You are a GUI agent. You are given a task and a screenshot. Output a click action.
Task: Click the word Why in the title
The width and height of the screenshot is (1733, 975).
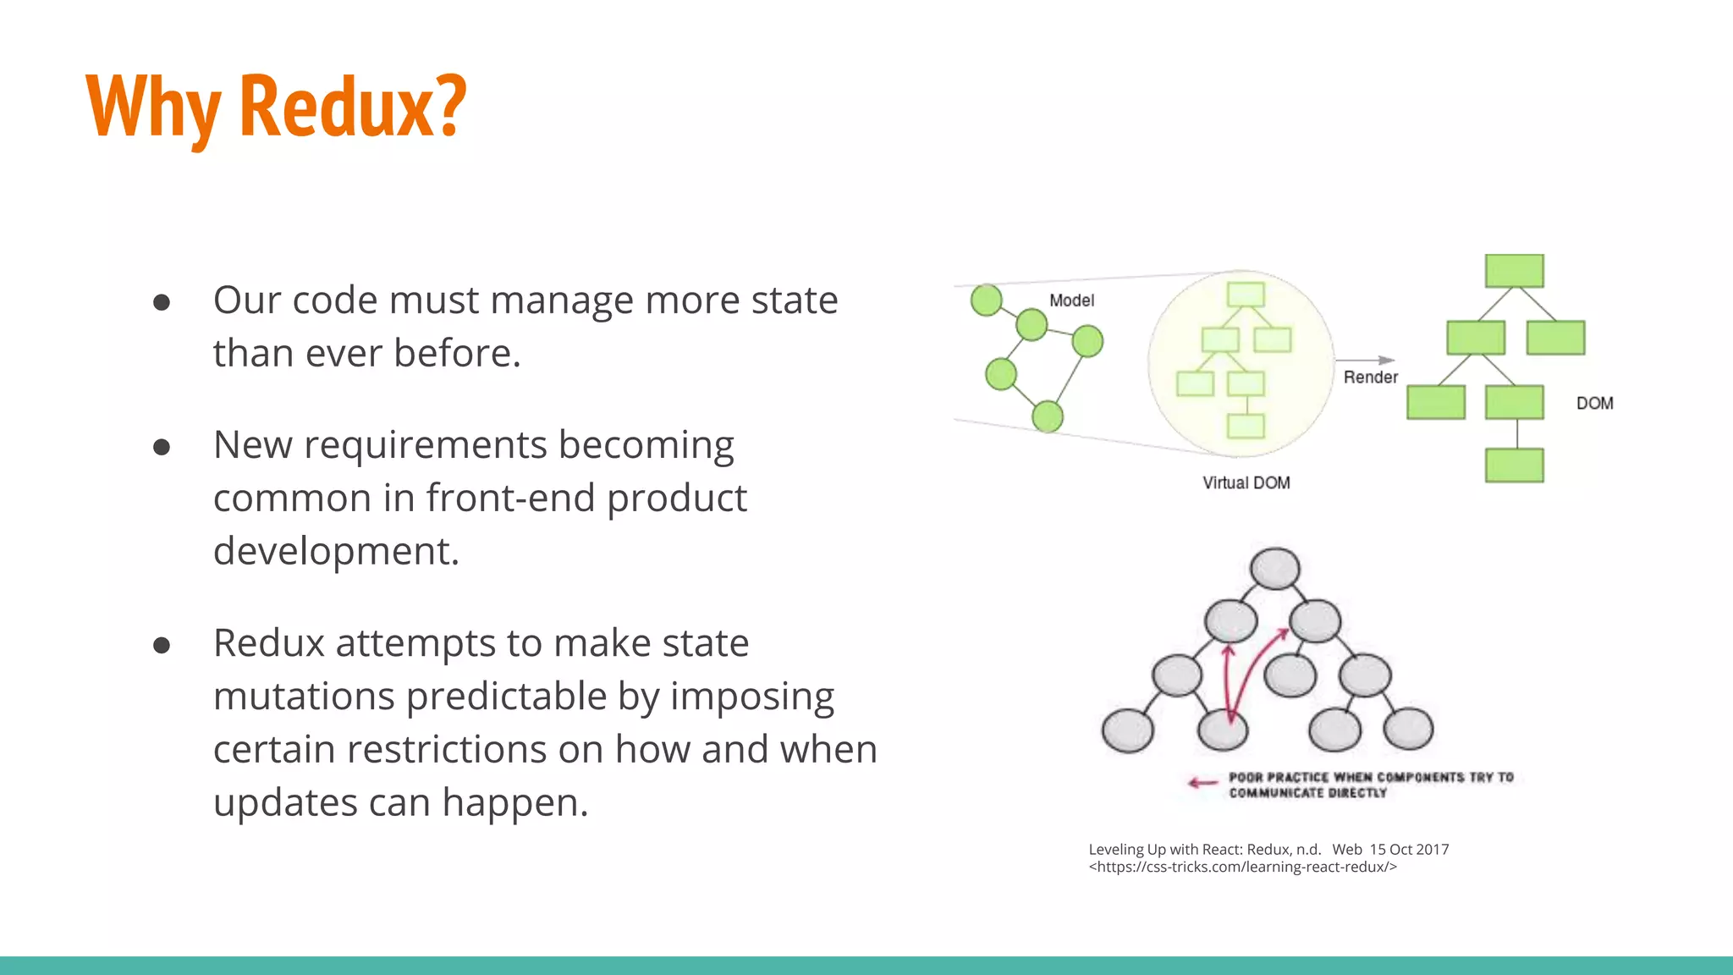point(153,107)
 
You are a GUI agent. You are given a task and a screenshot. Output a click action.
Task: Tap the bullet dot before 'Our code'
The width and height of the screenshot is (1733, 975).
point(162,302)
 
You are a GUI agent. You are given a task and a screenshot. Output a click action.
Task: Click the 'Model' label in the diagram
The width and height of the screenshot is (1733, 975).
point(1071,300)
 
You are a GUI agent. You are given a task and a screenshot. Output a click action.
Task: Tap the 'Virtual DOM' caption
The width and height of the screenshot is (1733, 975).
point(1246,482)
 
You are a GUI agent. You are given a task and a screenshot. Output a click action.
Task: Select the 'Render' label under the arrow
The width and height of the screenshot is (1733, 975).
point(1370,377)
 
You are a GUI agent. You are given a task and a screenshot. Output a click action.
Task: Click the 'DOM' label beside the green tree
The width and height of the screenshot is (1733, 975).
point(1594,404)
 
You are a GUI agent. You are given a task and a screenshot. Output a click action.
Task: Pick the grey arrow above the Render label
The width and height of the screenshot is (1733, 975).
point(1365,361)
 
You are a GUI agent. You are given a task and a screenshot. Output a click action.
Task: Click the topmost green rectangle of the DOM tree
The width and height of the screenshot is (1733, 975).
point(1514,271)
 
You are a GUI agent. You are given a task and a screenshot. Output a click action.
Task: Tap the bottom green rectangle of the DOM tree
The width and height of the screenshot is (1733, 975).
point(1514,465)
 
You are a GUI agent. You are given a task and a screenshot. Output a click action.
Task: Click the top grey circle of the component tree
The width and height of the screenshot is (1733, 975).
point(1274,568)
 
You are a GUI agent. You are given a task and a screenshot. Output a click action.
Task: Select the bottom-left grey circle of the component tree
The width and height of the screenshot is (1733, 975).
point(1127,730)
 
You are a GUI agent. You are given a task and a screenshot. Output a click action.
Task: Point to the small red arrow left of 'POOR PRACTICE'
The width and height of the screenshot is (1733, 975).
point(1202,783)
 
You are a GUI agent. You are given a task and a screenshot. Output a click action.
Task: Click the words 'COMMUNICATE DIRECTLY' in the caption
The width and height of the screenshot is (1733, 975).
point(1307,793)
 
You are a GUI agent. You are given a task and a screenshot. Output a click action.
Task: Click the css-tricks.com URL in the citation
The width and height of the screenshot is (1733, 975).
point(1242,867)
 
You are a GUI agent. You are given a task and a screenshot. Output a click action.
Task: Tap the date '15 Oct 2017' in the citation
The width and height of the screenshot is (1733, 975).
point(1409,849)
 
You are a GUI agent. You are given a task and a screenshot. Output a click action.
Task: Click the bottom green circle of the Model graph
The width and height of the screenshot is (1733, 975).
point(1048,416)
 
